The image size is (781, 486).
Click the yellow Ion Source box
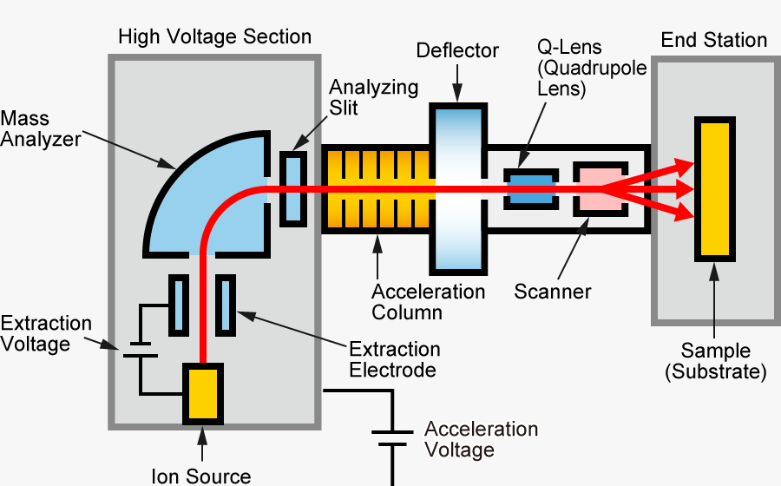pos(202,393)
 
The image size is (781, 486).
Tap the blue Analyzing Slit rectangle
pos(294,188)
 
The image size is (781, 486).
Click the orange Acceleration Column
pos(377,189)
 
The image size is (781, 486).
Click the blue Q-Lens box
pos(530,189)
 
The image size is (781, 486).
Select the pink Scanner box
pos(597,188)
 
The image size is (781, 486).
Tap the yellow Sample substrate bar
pos(716,188)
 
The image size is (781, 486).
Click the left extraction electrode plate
pos(178,305)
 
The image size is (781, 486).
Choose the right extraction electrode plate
pos(226,305)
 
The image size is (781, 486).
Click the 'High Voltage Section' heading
pos(214,37)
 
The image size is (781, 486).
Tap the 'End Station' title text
pos(714,40)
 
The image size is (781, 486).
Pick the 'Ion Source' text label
pos(201,476)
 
